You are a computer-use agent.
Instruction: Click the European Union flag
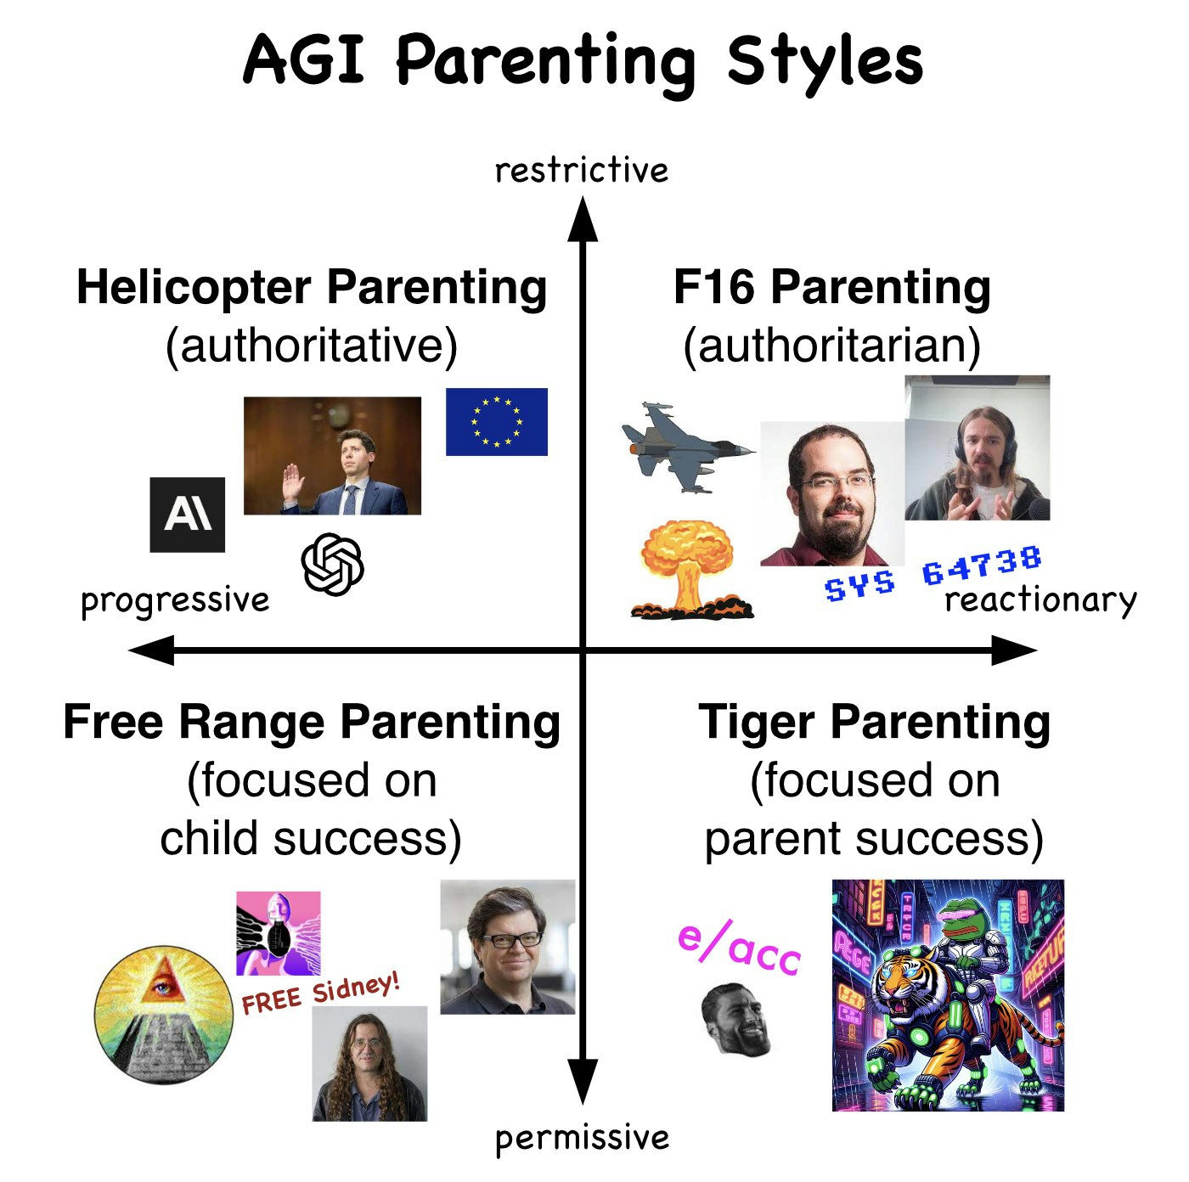click(496, 421)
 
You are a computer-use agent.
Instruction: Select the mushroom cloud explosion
click(690, 569)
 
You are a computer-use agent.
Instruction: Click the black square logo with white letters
click(187, 515)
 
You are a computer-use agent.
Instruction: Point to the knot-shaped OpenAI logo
click(332, 565)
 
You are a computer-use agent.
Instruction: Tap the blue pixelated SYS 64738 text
click(933, 573)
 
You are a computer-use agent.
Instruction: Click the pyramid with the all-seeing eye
click(164, 1014)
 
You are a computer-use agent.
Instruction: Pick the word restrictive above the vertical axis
click(581, 171)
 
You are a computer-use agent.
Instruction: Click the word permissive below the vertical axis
click(582, 1138)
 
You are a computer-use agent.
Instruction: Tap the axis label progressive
click(175, 600)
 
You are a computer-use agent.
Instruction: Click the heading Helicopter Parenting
click(312, 288)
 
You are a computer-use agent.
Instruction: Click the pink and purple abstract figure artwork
click(279, 933)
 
